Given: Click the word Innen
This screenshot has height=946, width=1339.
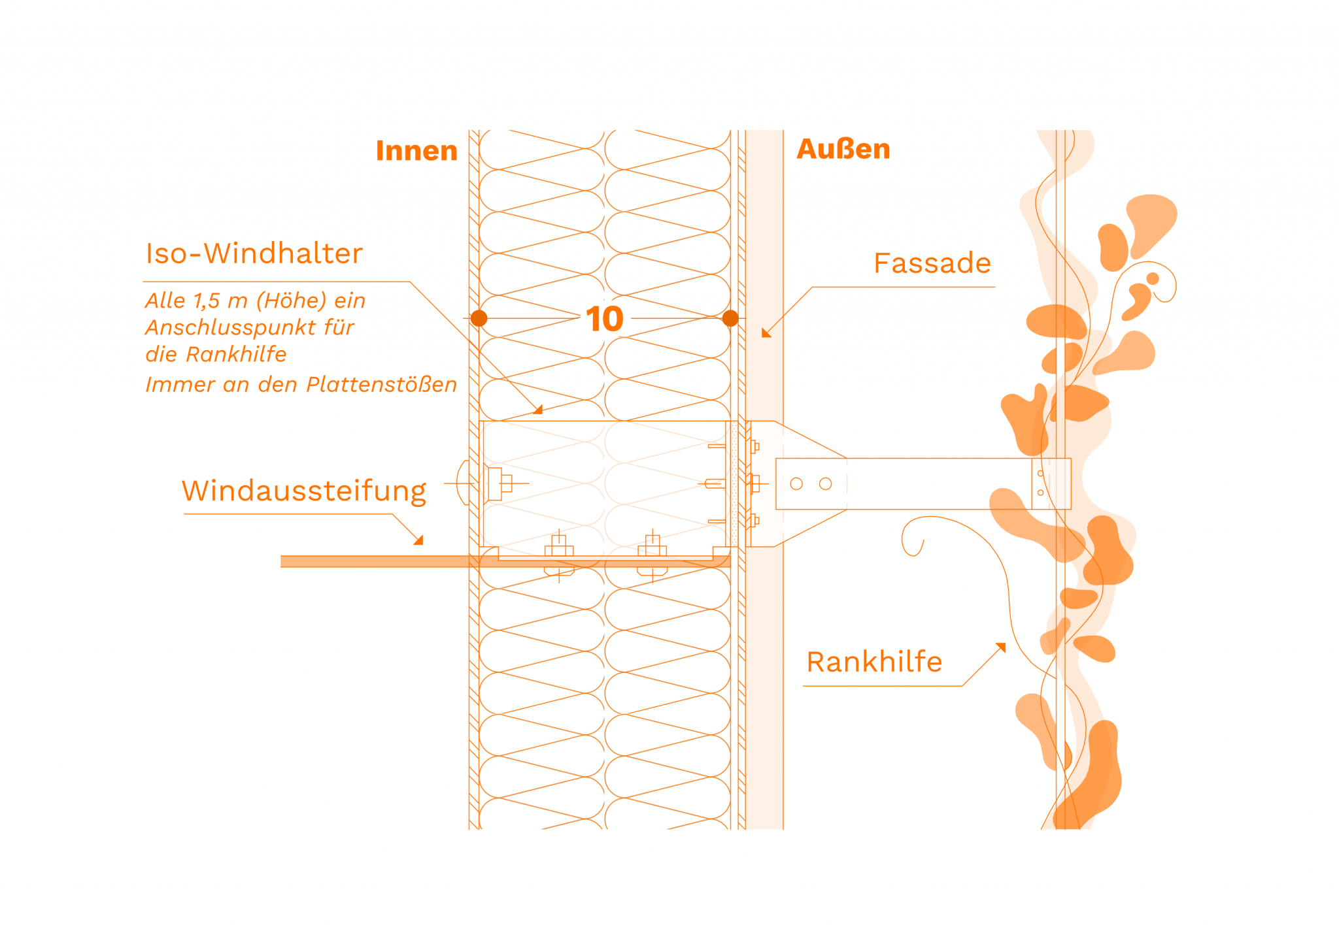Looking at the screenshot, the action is point(416,151).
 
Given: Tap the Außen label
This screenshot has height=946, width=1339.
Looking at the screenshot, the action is point(843,149).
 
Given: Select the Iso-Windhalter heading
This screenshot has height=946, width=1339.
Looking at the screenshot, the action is point(254,253).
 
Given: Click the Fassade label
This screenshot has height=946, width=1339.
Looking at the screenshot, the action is point(932,263).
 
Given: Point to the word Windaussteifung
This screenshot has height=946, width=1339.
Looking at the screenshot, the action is point(304,491).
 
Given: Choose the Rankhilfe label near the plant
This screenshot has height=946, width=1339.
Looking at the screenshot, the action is point(874,662).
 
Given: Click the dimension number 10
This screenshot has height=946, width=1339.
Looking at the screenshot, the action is point(604,319).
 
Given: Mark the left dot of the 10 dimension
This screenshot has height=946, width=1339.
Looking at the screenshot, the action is point(479,318).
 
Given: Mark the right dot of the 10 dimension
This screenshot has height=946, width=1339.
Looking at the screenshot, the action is point(730,318).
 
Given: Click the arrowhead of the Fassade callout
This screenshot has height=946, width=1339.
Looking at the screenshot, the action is point(766,333).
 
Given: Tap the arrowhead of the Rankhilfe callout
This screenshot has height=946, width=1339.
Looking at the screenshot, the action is point(1001,647).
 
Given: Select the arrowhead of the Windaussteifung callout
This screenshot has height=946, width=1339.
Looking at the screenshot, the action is point(418,540).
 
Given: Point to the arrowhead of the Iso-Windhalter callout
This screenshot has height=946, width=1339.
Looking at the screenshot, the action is point(538,410).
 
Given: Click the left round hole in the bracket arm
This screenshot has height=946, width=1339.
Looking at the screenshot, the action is point(796,484).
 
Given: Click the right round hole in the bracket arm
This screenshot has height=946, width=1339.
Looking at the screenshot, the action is point(826,484).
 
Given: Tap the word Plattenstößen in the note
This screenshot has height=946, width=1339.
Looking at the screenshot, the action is point(381,384).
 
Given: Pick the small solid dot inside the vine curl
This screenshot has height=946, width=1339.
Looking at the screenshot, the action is point(1153,279).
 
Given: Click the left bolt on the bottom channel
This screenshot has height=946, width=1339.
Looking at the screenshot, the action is point(559,555).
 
